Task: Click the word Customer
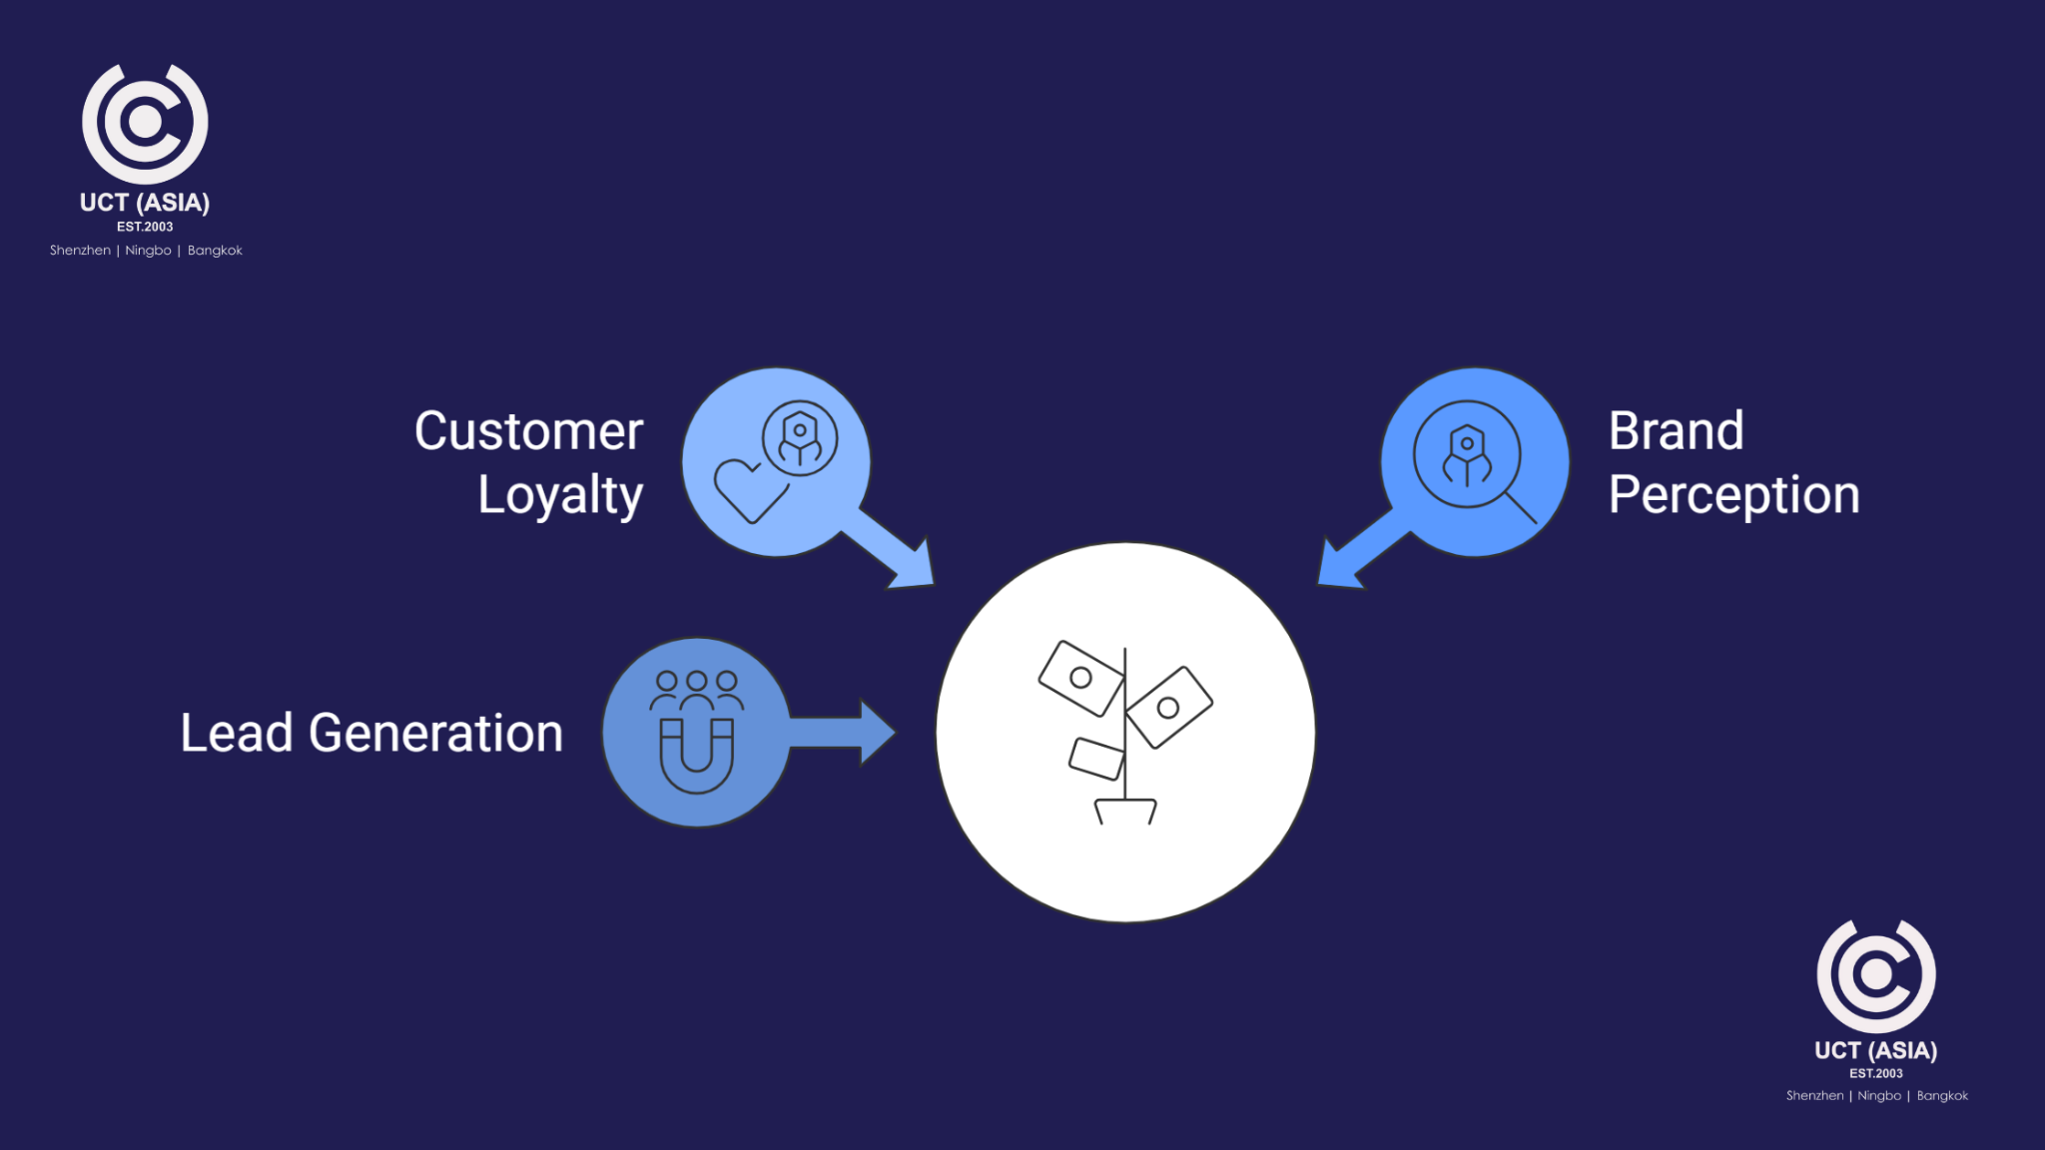[528, 431]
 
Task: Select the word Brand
[1676, 431]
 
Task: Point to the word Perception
[1733, 495]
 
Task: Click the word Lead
[237, 733]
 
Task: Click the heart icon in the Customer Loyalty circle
[749, 489]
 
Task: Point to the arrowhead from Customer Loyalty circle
[914, 568]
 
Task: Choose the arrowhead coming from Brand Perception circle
[1339, 568]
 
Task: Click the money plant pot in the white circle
[1125, 811]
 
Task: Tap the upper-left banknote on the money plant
[1080, 678]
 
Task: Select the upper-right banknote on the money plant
[1168, 707]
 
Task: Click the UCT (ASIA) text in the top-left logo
[145, 203]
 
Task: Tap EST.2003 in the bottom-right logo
[1875, 1073]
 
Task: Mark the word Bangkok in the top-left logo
[215, 251]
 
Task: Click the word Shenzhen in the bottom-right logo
[1814, 1096]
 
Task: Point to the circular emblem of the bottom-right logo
[1875, 975]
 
